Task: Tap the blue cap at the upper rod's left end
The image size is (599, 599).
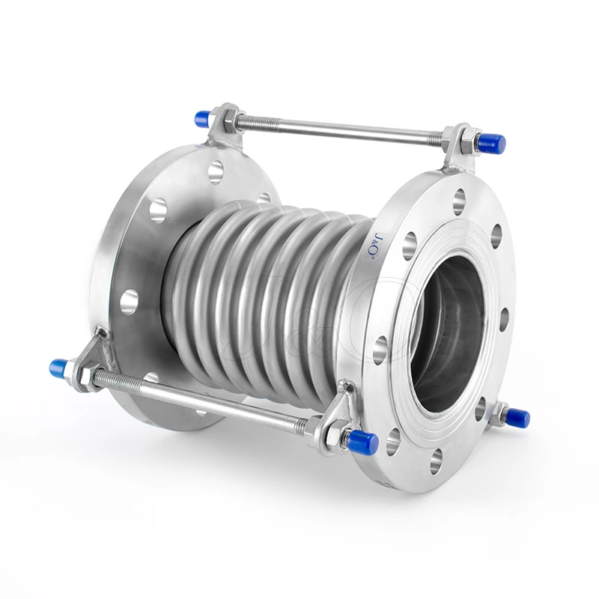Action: (202, 118)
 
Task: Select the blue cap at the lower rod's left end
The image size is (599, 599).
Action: (59, 368)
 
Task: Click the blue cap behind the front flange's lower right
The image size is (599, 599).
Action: (517, 417)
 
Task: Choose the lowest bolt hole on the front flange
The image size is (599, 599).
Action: (435, 461)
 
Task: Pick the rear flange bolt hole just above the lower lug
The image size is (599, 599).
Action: (130, 301)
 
